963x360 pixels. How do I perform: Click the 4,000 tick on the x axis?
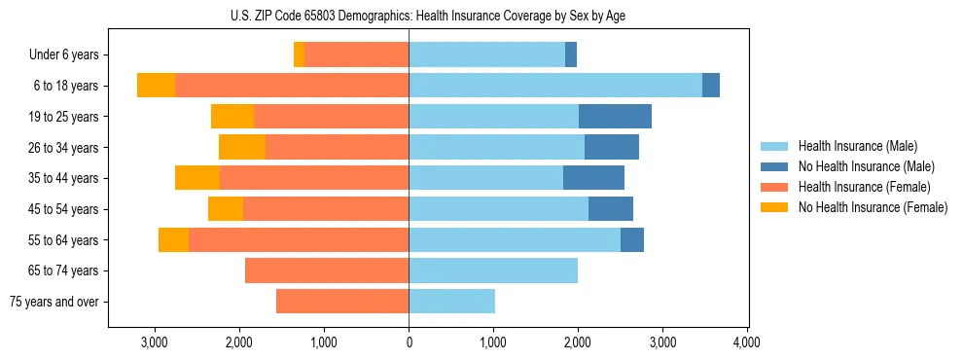(x=746, y=342)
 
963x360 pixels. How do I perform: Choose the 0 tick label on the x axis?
(x=409, y=342)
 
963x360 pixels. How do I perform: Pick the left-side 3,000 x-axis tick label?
(x=155, y=342)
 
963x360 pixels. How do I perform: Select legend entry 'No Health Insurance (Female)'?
(x=873, y=207)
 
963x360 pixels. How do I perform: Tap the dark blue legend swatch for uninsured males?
(x=774, y=166)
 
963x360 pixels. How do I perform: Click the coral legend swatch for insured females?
(x=774, y=187)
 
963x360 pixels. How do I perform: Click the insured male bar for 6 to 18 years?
(x=554, y=86)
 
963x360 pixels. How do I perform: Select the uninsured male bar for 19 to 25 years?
(x=615, y=117)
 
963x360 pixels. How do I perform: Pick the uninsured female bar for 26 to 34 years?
(x=242, y=147)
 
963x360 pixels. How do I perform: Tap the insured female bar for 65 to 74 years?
(x=327, y=270)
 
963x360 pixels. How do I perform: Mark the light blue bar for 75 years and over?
(x=451, y=302)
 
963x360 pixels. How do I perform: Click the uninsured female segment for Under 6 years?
(x=300, y=55)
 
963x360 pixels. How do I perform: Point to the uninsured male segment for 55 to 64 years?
(x=632, y=239)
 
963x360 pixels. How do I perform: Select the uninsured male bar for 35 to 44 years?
(x=593, y=178)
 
